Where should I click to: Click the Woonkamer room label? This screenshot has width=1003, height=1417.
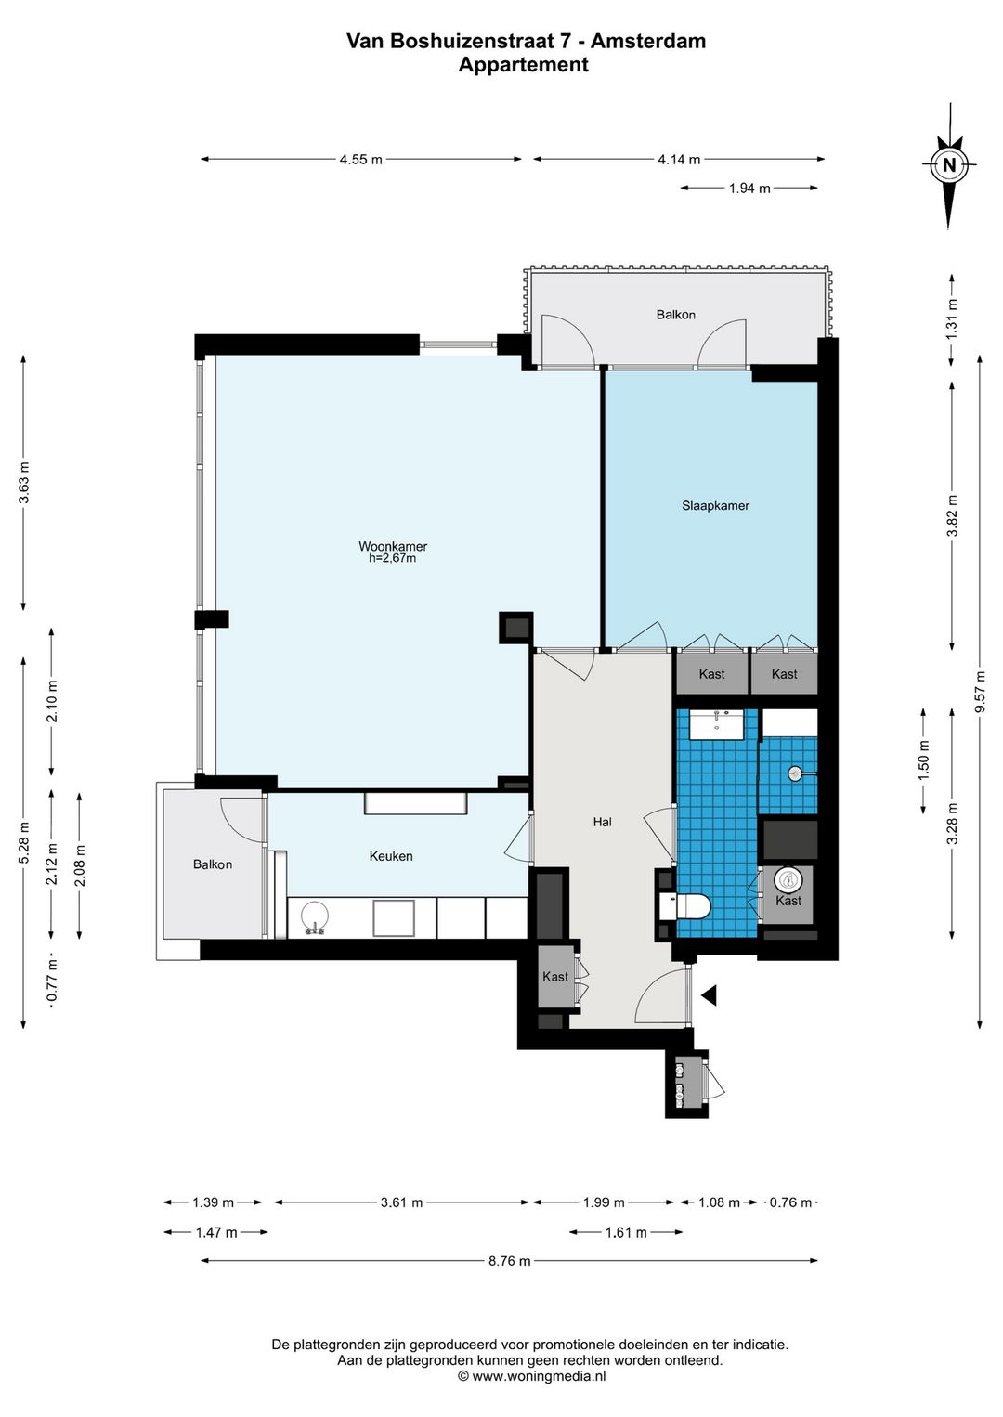392,546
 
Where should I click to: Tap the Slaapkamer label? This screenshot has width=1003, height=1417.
715,505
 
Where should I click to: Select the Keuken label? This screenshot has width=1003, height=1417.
391,856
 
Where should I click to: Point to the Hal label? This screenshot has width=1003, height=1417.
602,822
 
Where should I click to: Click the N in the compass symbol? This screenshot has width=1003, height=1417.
948,165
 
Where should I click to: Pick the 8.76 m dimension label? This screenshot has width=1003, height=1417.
510,1261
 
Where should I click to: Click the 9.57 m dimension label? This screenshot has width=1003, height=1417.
980,691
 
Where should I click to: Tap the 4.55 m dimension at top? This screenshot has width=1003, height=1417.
360,160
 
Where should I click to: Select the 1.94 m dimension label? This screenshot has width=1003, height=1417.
749,188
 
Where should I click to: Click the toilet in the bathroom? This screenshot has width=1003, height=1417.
685,906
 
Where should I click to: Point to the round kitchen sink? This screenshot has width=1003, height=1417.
315,916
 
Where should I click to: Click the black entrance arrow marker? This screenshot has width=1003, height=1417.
709,995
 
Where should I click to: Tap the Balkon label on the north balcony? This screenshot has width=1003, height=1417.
676,315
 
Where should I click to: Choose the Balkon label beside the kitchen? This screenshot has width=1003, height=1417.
213,864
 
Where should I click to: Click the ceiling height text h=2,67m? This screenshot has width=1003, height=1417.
392,559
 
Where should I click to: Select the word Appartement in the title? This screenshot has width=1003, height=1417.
524,64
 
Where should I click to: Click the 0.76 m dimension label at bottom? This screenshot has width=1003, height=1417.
789,1202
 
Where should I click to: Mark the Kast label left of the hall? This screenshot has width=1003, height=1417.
555,977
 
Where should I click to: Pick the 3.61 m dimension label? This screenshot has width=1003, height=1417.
401,1202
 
